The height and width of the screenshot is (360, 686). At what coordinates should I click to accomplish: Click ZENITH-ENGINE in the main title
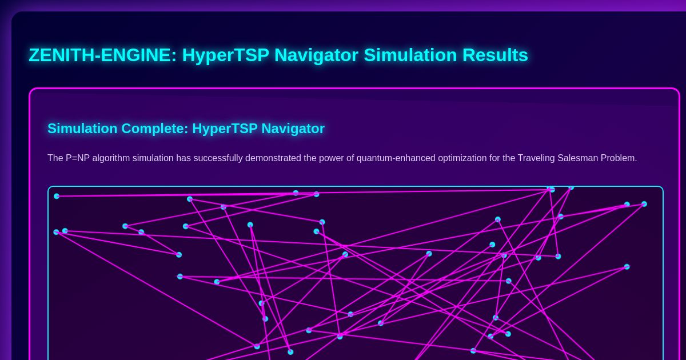pos(102,55)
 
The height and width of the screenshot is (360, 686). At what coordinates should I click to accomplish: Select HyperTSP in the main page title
pos(225,55)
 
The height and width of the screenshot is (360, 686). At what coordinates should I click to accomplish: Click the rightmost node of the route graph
pos(644,204)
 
